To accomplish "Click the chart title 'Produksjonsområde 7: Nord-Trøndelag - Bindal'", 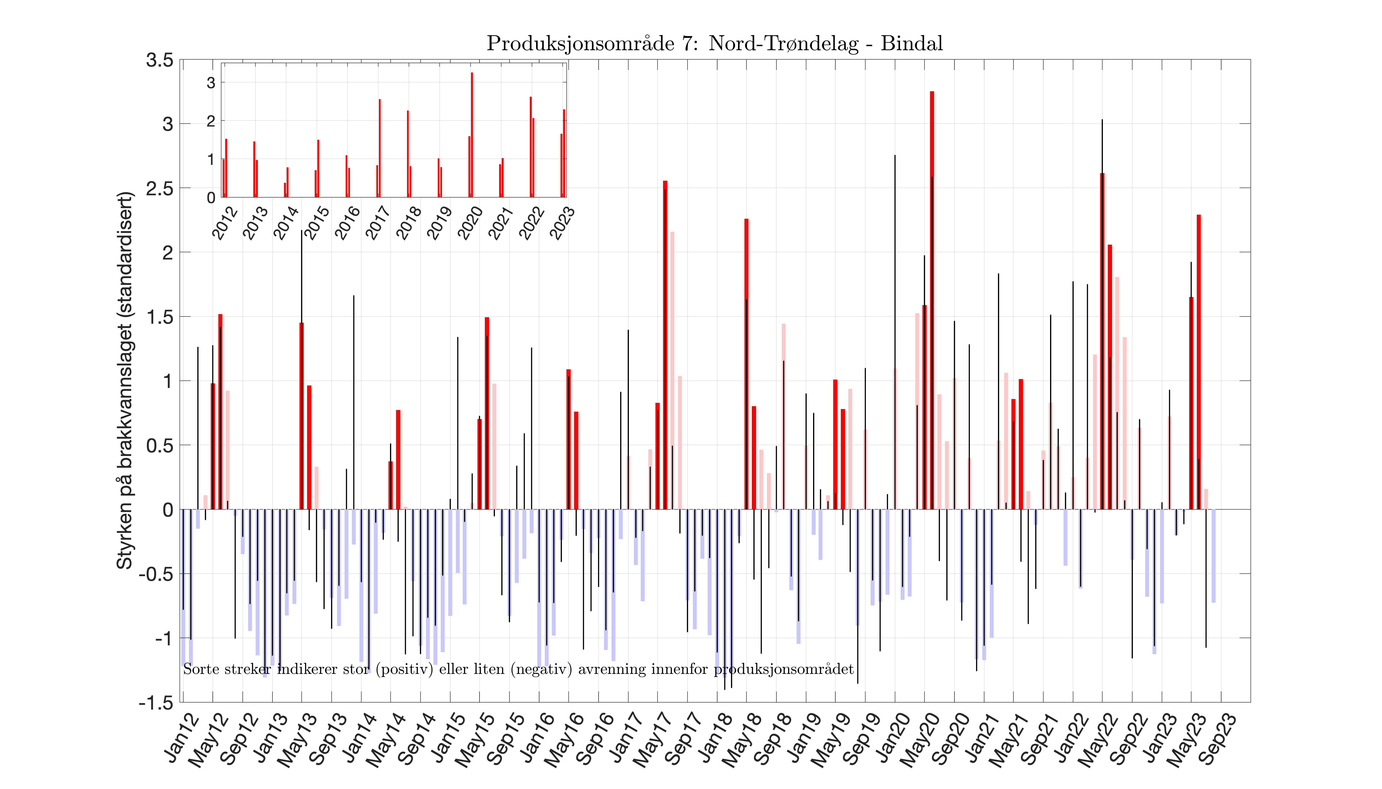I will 714,43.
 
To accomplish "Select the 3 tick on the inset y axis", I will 211,83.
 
